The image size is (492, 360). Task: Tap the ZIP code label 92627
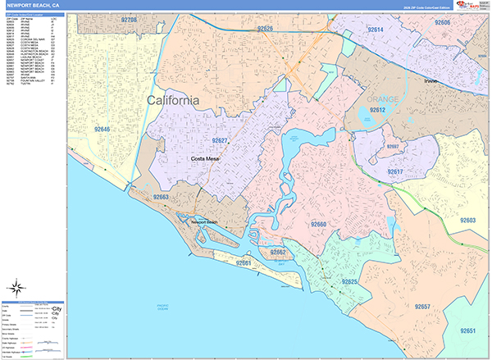click(x=216, y=141)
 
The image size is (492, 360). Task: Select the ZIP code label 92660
click(x=318, y=224)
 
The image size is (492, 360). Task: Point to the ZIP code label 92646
click(x=103, y=129)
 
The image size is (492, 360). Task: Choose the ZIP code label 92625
click(x=349, y=282)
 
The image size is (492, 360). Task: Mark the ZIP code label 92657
click(x=422, y=307)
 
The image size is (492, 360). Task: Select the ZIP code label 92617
click(x=396, y=171)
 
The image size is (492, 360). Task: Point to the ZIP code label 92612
click(x=377, y=110)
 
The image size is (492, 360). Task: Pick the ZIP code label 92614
click(x=375, y=30)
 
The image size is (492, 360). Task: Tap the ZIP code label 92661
click(x=243, y=263)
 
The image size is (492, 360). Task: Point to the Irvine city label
click(x=432, y=82)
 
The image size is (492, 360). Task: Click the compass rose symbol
click(x=16, y=287)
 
